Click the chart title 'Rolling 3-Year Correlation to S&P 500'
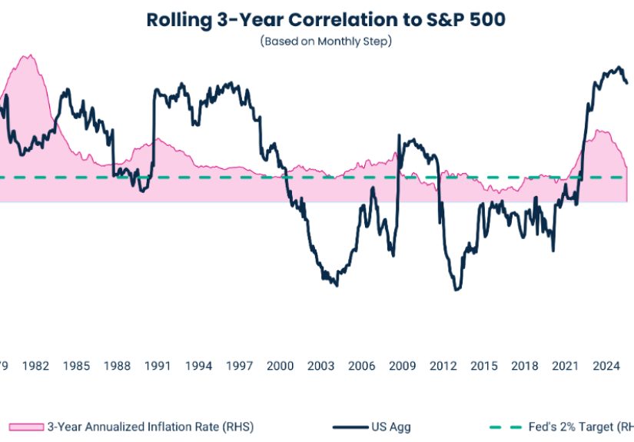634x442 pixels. (x=326, y=20)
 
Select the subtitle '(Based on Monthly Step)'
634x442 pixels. (x=326, y=42)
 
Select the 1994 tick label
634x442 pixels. (x=198, y=366)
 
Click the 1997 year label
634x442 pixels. (x=239, y=366)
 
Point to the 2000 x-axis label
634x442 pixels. (x=280, y=366)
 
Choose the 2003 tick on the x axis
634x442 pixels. (x=320, y=366)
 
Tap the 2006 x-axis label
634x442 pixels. (x=361, y=366)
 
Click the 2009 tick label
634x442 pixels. (x=402, y=366)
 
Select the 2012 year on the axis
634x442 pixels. (x=443, y=366)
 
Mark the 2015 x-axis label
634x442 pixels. (x=483, y=366)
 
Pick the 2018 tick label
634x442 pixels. (x=524, y=366)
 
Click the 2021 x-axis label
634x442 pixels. (x=565, y=366)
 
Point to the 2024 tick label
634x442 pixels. (x=606, y=366)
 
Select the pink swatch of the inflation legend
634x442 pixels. (x=25, y=427)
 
